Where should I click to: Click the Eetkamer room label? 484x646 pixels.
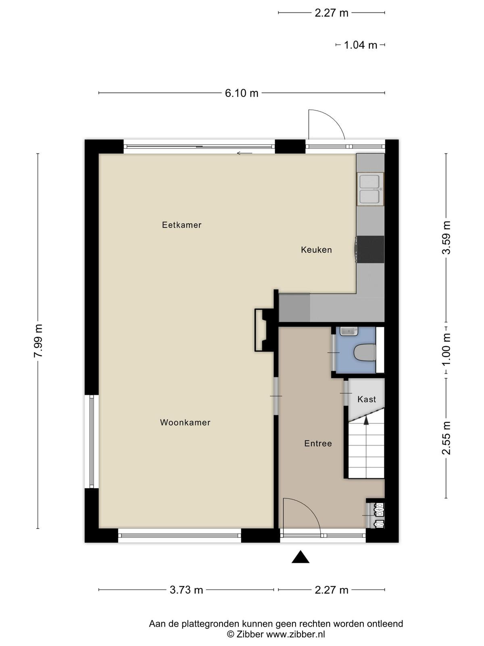coord(181,225)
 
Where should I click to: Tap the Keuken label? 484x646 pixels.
coord(316,250)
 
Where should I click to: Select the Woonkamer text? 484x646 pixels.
coord(185,423)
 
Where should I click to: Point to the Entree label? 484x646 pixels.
coord(318,443)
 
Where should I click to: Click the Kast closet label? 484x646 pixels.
coord(367,399)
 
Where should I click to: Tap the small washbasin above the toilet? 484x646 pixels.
coord(349,331)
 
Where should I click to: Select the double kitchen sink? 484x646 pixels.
coord(370,189)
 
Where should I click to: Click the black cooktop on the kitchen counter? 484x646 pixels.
coord(370,249)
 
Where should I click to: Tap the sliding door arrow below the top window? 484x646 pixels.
coord(244,153)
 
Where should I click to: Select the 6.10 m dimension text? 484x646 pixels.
coord(242,93)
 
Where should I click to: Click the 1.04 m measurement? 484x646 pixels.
coord(360,45)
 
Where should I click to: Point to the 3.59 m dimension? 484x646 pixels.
coord(446,237)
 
